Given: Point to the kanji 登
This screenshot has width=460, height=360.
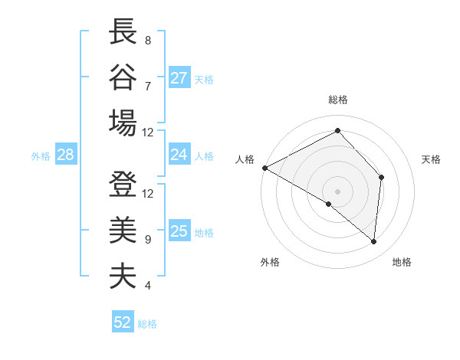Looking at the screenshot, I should tap(123, 185).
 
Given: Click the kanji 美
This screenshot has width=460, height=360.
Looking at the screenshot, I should tap(123, 230).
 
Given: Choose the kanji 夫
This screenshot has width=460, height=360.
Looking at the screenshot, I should tap(123, 275).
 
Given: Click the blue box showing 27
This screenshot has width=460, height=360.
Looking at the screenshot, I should tap(179, 78).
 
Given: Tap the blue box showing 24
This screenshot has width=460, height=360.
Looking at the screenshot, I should tap(179, 155).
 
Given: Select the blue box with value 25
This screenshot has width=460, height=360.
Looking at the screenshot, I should tap(179, 231).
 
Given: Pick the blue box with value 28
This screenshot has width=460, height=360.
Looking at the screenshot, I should tap(65, 155).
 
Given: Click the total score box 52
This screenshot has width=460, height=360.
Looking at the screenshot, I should tap(123, 322).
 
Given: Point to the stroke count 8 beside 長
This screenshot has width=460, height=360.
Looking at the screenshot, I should tap(147, 39).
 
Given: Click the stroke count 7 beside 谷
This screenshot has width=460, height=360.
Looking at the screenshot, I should tap(147, 85).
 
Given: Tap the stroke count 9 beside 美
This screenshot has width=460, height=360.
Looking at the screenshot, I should tap(147, 240).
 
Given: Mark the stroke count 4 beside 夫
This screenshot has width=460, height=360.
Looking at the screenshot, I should tap(147, 286).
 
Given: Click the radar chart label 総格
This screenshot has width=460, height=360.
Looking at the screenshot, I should tap(338, 100).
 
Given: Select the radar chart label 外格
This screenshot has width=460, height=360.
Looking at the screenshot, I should tap(269, 262).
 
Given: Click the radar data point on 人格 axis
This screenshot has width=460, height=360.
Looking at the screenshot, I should tap(264, 168).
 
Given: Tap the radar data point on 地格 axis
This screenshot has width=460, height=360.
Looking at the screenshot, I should tap(373, 242).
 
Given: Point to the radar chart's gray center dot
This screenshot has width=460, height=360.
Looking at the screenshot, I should tap(338, 191).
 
